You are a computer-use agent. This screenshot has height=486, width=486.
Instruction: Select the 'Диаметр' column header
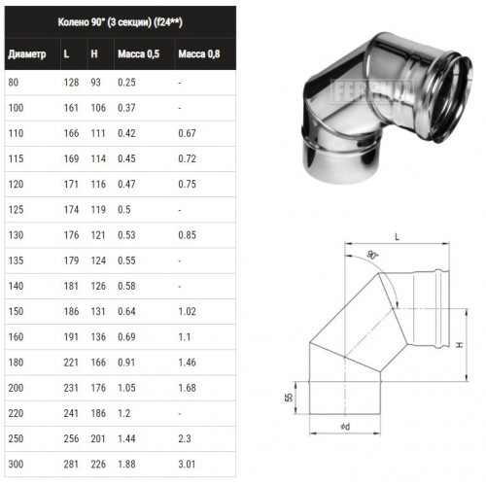point(27,53)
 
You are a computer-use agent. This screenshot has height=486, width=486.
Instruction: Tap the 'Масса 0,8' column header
point(199,53)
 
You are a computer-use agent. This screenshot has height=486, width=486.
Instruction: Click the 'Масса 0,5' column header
point(139,53)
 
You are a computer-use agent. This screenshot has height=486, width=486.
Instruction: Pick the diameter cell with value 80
point(14,83)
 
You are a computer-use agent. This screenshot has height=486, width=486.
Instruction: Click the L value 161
point(71,108)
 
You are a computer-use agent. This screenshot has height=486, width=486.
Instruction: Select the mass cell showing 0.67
point(187,133)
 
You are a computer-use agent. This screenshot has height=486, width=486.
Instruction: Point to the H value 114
point(98,158)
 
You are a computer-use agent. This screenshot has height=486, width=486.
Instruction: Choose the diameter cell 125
point(16,209)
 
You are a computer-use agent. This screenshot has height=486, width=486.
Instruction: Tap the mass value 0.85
point(187,235)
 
